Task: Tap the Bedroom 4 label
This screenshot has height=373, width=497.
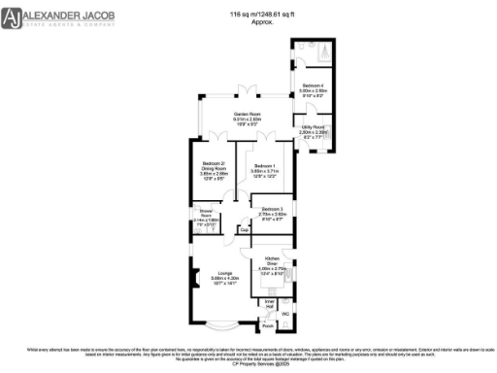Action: pyautogui.click(x=313, y=85)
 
